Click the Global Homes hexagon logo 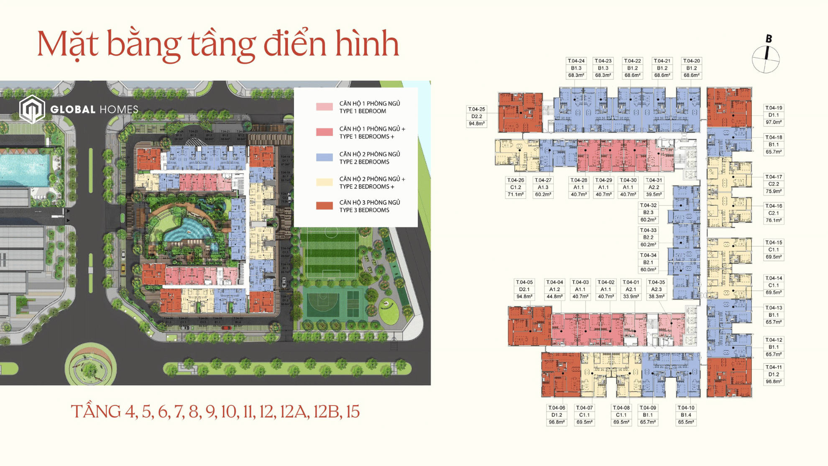click(32, 109)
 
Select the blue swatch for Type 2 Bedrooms click(324, 158)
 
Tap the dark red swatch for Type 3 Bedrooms click(324, 206)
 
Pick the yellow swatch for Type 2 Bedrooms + click(324, 182)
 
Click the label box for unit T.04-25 click(476, 116)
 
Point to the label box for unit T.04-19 click(773, 115)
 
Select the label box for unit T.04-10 click(685, 415)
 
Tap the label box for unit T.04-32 click(648, 213)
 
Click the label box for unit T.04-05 click(524, 289)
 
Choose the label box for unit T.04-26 click(515, 187)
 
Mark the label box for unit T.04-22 click(632, 68)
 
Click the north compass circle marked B click(766, 59)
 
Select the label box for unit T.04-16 click(773, 213)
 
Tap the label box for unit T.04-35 click(656, 289)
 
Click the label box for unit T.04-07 click(584, 415)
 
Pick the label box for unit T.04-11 click(773, 374)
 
